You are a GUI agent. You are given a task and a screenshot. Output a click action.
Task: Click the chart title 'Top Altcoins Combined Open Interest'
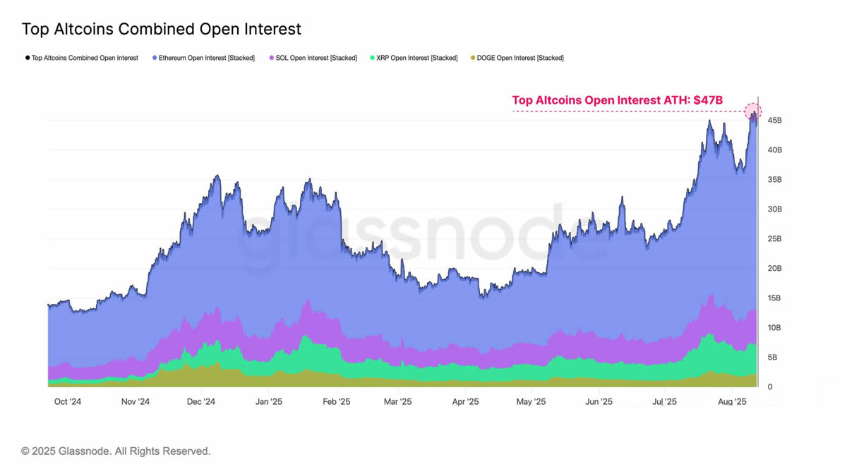click(162, 30)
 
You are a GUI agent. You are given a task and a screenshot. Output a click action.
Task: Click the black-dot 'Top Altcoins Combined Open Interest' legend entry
click(82, 58)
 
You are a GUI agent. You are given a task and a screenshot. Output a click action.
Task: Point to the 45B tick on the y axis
click(774, 121)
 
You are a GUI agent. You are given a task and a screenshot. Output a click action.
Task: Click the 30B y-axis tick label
click(774, 209)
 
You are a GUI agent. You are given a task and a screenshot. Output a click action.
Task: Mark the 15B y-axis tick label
click(774, 298)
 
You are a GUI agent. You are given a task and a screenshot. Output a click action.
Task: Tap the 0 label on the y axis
click(770, 387)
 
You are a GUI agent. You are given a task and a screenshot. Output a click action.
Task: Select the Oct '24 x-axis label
click(68, 402)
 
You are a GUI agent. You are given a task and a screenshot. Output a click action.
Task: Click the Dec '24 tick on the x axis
click(200, 402)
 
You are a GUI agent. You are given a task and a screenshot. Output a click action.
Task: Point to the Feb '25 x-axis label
click(336, 402)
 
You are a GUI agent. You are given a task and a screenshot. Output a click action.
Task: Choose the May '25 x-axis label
click(531, 402)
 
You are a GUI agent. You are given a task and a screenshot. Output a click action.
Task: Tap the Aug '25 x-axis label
click(732, 402)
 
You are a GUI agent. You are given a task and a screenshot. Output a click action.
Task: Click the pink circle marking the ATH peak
click(753, 111)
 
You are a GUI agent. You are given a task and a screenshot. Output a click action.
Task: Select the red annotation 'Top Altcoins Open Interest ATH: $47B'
click(617, 100)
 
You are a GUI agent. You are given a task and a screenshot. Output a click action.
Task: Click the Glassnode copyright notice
click(116, 451)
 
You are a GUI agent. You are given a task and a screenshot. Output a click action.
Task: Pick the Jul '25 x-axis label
click(664, 402)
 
